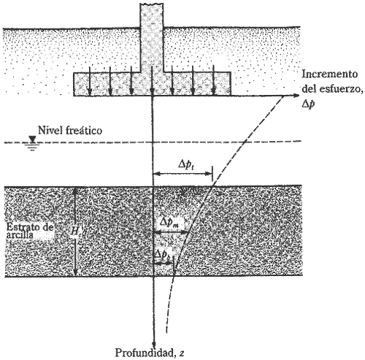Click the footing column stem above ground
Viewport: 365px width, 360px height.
click(153, 22)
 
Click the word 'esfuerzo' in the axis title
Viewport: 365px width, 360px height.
click(337, 88)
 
